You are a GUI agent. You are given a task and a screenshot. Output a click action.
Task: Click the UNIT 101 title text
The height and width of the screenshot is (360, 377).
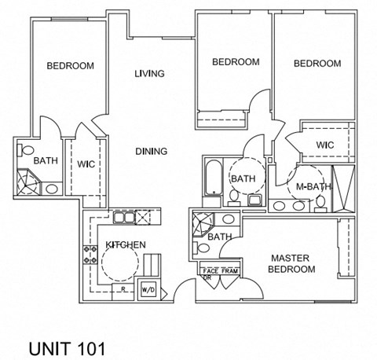coord(65,347)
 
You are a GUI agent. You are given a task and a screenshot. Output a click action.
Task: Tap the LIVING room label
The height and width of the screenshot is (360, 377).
coord(148,74)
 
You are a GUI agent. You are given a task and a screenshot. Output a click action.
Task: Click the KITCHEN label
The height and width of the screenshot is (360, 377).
coord(125,245)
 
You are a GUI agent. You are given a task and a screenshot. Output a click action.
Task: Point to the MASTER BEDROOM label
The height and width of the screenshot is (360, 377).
coord(293,263)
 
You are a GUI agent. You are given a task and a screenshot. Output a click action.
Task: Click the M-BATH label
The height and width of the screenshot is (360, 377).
coord(312,186)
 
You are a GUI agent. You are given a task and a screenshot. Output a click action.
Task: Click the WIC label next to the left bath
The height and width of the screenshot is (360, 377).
coord(86,163)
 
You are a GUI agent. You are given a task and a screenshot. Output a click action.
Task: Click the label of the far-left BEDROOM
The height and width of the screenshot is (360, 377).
coord(70,66)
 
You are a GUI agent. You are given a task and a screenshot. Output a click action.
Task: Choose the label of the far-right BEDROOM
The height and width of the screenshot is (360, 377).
coord(317,64)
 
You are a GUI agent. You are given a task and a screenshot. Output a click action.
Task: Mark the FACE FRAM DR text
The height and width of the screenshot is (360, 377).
coord(217,273)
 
